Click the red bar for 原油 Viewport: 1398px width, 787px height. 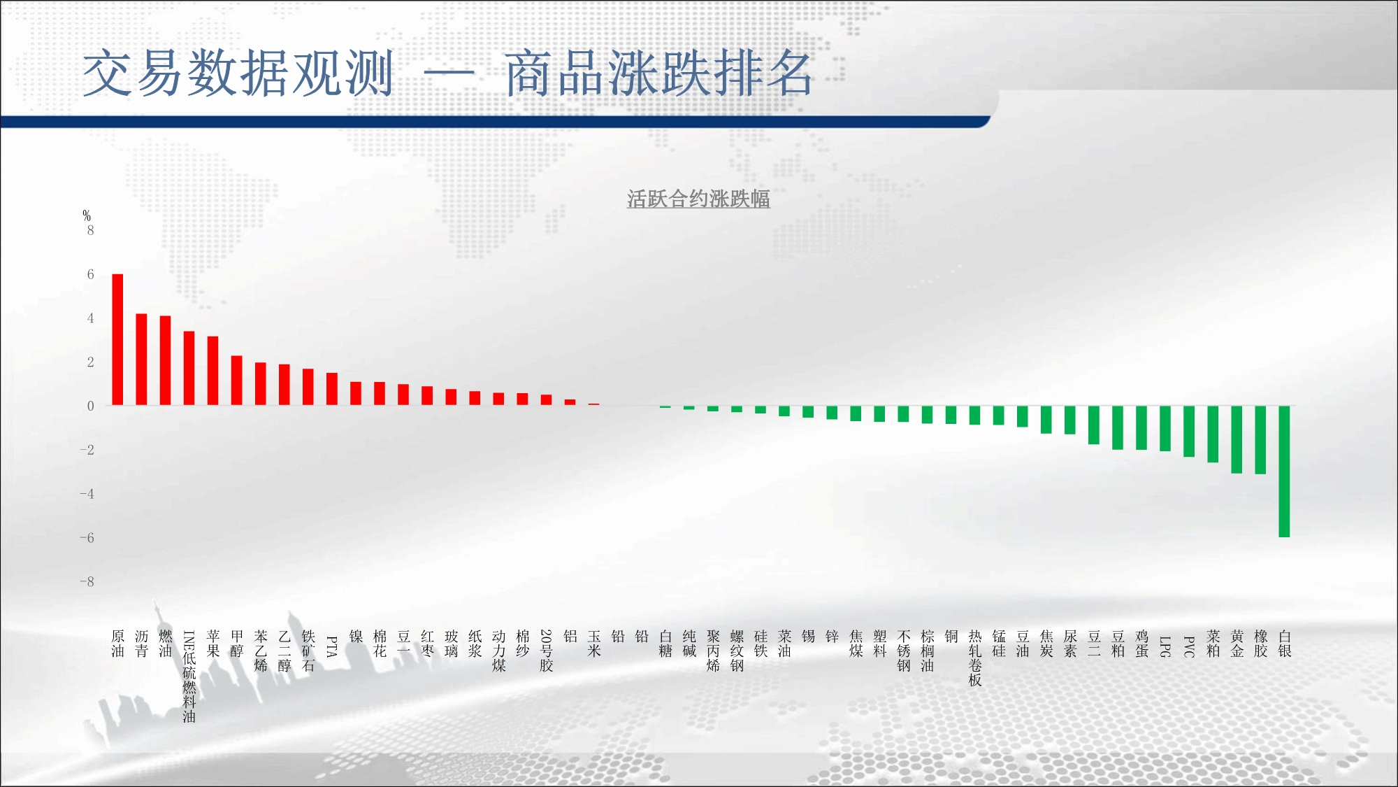tap(117, 339)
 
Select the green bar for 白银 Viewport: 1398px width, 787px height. tap(1284, 472)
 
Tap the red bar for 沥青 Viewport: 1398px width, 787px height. tap(141, 360)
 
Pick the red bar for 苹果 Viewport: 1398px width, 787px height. tap(212, 371)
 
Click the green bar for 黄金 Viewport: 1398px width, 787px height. tap(1237, 439)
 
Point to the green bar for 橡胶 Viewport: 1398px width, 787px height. tap(1260, 440)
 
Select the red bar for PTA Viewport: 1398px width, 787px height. tap(332, 389)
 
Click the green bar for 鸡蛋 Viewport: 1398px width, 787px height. tap(1141, 427)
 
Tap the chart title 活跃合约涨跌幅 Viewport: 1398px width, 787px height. tap(698, 199)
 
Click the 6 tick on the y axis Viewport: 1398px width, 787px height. tap(90, 274)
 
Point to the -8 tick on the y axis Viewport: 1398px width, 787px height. tap(87, 581)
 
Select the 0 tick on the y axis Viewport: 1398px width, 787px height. tap(90, 406)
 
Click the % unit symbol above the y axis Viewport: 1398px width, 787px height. tap(87, 215)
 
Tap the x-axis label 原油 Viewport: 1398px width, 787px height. tap(117, 644)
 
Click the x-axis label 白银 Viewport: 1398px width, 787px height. tap(1284, 644)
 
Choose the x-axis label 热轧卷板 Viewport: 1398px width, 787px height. tap(975, 658)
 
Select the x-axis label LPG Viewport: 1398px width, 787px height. tap(1165, 646)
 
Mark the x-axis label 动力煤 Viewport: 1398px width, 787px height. tap(498, 651)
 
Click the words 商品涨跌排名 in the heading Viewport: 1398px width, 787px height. tap(658, 73)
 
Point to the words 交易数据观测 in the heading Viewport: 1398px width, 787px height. tap(238, 73)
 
